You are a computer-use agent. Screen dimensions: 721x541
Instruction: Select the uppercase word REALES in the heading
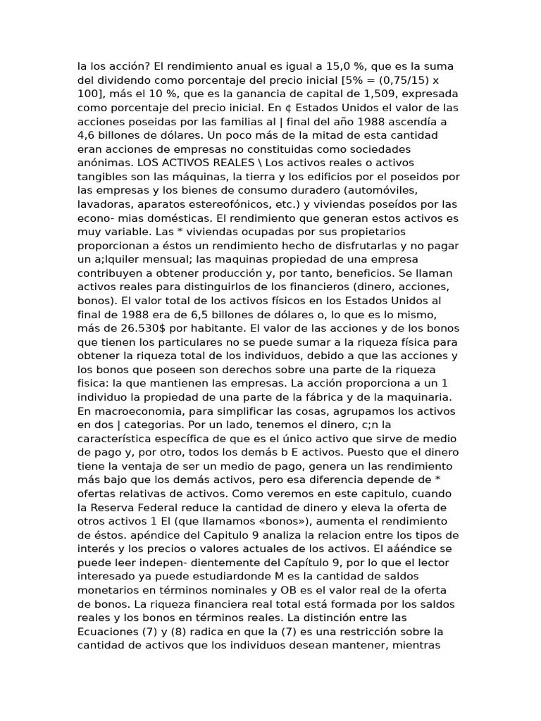pos(174,163)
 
